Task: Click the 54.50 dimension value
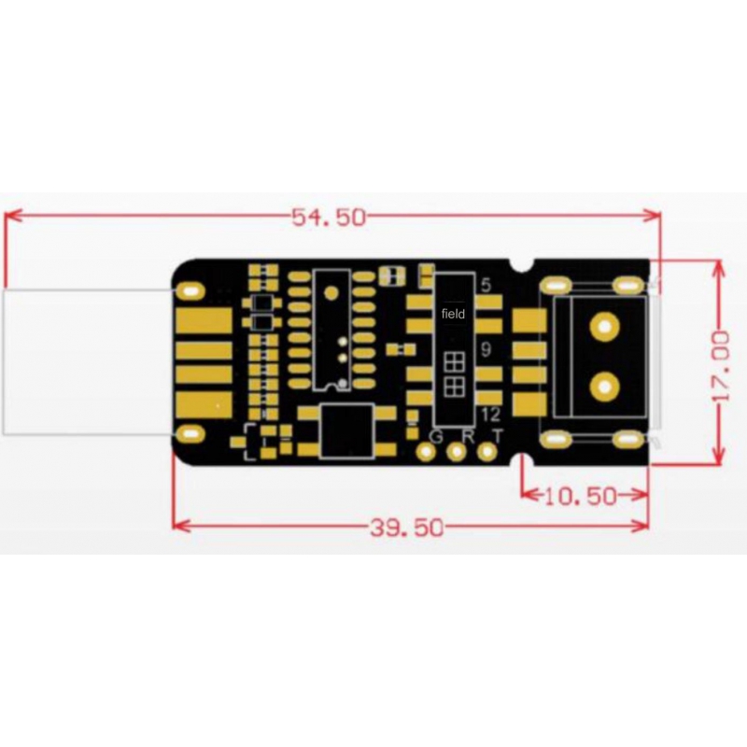pos(329,218)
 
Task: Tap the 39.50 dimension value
pos(407,528)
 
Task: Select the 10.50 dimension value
pos(580,497)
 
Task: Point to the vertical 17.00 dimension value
pos(723,367)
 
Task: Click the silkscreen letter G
pos(436,436)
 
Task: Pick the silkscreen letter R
pos(469,436)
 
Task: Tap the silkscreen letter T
pos(498,436)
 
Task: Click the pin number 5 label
pos(486,286)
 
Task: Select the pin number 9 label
pos(486,350)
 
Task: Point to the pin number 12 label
pos(491,415)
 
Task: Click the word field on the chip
pos(453,314)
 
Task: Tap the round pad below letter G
pos(426,452)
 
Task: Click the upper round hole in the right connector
pos(604,326)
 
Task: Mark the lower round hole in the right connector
pos(604,387)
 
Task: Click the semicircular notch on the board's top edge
pos(522,265)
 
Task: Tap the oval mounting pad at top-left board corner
pos(190,290)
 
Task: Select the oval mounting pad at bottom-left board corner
pos(190,434)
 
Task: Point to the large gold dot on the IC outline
pos(331,292)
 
